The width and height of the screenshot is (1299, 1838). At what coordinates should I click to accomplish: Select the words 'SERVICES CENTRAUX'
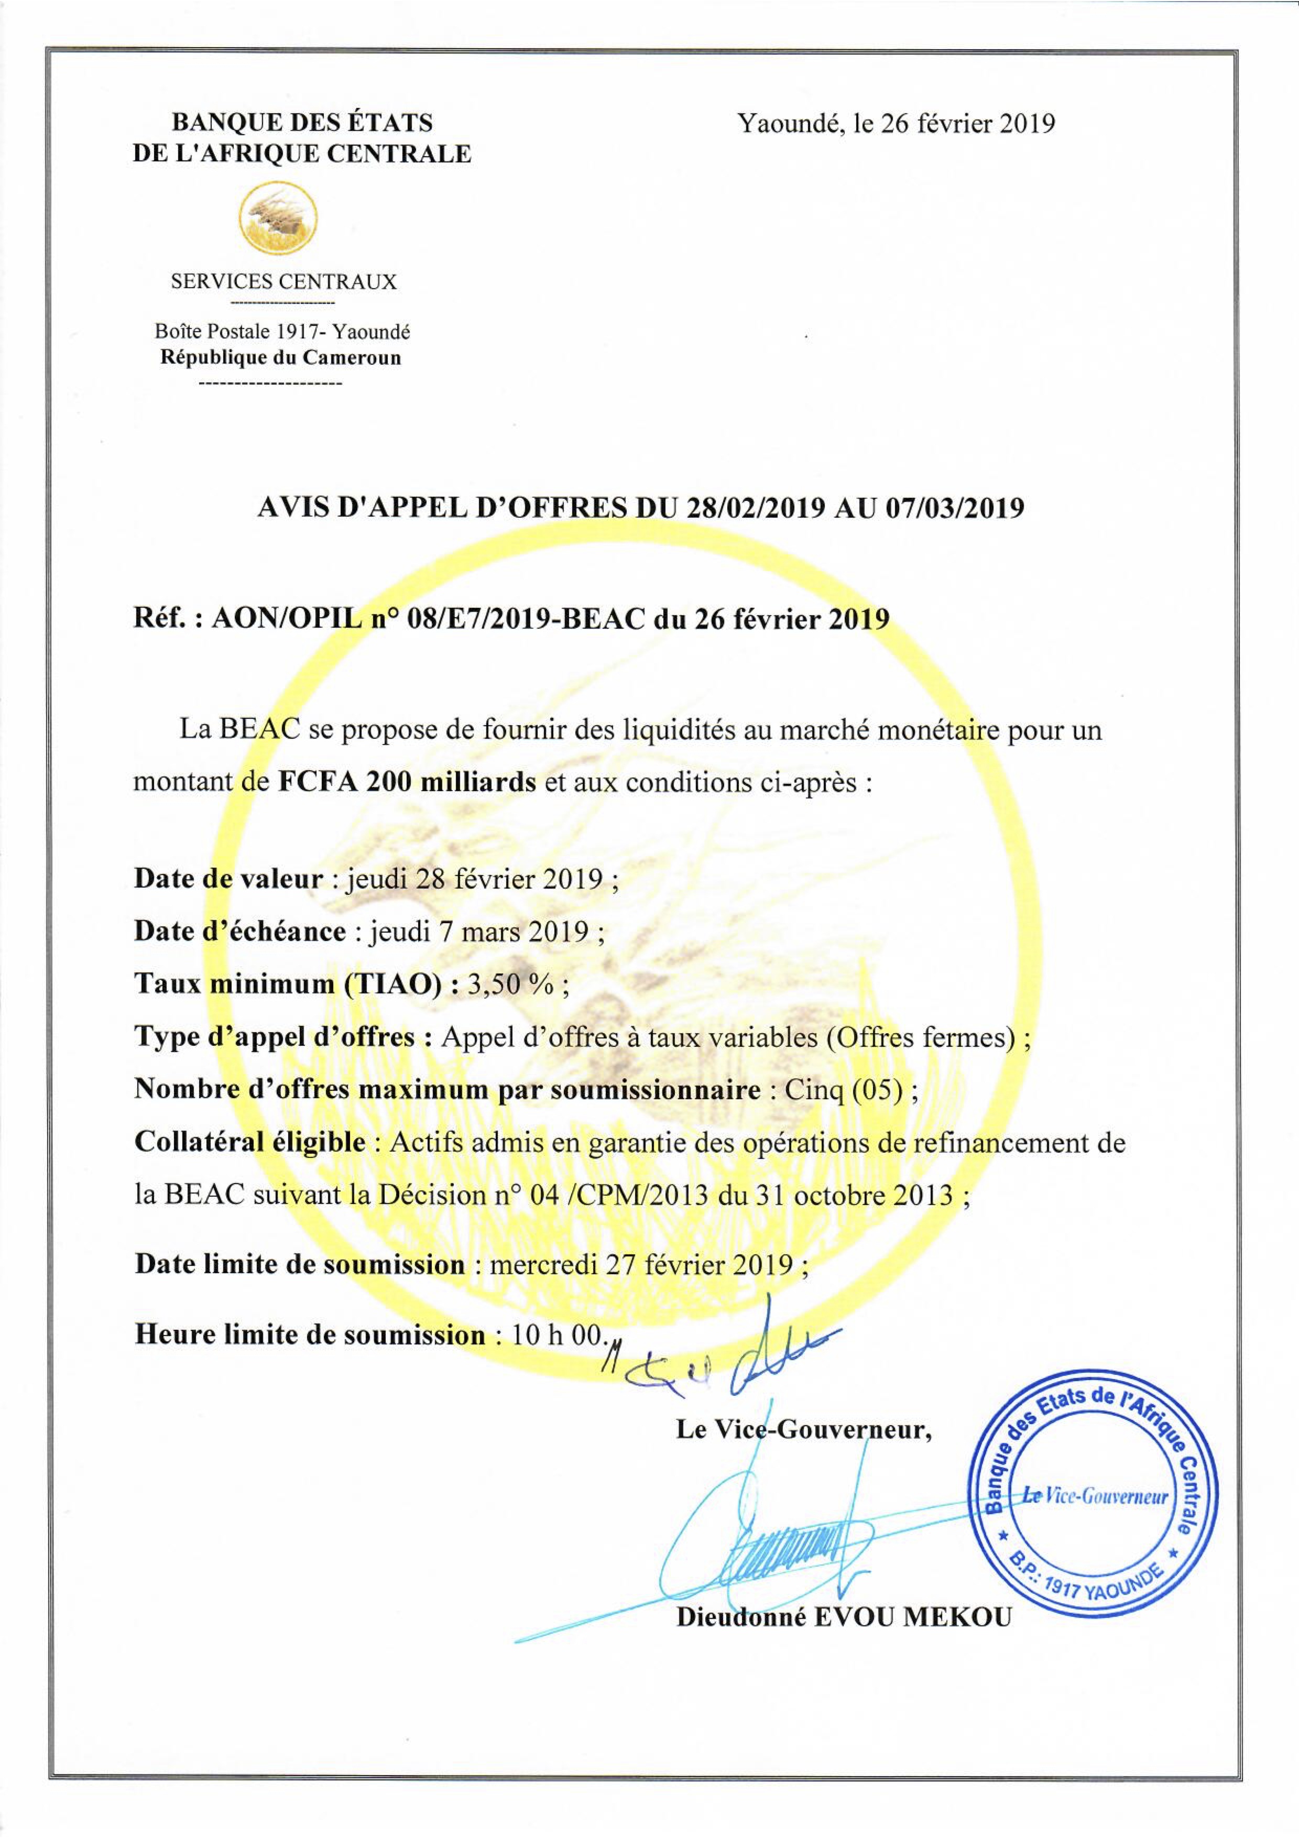(x=283, y=282)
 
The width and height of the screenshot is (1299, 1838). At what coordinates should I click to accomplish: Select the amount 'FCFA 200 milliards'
(x=407, y=781)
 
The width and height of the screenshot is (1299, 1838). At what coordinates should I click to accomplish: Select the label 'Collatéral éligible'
(x=250, y=1142)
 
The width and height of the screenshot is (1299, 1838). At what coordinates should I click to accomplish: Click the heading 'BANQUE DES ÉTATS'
(x=302, y=123)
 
